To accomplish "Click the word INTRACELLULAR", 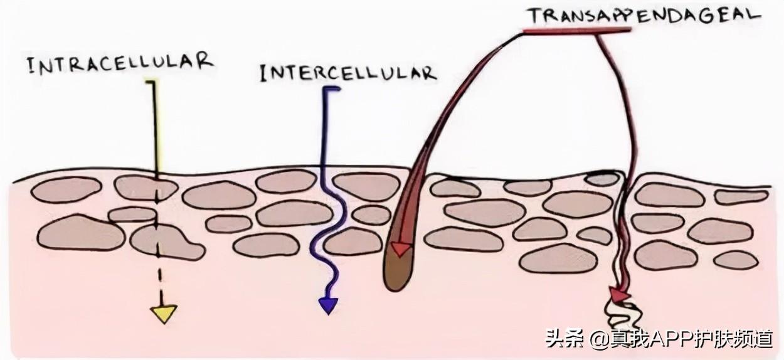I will coord(120,63).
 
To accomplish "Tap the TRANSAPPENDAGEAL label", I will coord(643,14).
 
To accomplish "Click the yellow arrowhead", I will coord(164,312).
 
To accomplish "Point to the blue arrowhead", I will coord(328,305).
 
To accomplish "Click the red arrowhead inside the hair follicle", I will coord(400,250).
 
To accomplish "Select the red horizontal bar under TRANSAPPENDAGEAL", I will coord(577,31).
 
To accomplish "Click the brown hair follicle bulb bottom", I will coord(394,279).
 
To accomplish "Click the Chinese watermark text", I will coord(658,339).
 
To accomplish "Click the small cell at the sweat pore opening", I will coord(602,179).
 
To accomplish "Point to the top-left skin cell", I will coord(66,189).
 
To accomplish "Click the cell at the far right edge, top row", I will coord(741,196).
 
